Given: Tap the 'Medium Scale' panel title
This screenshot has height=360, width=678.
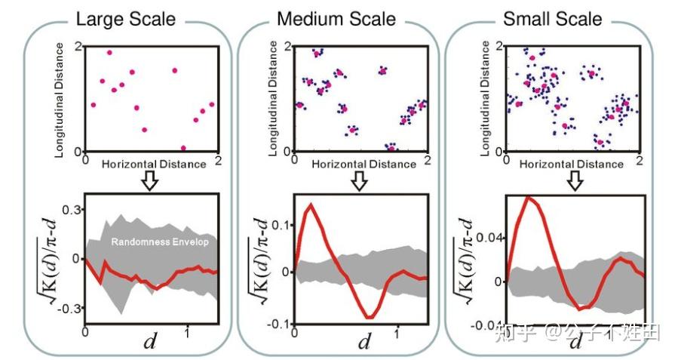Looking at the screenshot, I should pos(336,17).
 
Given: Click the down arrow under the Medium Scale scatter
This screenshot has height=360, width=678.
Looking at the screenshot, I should pos(360,180).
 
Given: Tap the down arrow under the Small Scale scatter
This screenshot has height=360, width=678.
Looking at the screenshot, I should pos(575,180).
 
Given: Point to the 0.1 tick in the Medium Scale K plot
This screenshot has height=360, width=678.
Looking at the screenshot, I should pos(281,225).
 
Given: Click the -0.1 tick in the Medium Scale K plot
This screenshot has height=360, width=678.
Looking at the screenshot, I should pos(279,323).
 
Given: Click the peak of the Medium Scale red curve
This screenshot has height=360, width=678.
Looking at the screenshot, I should pos(310,204).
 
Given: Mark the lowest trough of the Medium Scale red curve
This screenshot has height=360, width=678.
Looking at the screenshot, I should pos(370,317).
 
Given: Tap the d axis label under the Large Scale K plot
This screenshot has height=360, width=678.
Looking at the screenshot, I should pos(151,343).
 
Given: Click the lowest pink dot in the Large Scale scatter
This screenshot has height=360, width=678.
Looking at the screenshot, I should pos(183,148).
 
